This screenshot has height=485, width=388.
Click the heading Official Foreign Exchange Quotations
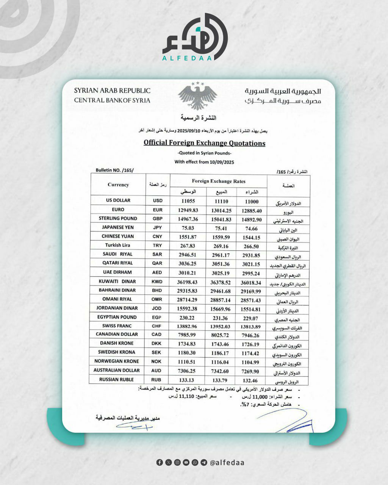(204, 143)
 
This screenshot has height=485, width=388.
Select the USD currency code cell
(158, 201)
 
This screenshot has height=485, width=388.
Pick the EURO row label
(118, 210)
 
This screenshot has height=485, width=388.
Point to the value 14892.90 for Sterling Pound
(252, 220)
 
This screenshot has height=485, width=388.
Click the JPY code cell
(157, 228)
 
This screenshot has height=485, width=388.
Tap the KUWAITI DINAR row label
(117, 282)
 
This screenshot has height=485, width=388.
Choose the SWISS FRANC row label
(117, 326)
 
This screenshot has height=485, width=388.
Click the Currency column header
(118, 185)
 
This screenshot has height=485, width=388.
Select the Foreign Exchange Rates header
(219, 181)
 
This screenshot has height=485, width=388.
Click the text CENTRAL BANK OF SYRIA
(112, 100)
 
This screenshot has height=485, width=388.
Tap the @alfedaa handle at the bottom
(227, 463)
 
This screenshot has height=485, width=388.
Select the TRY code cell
(157, 246)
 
